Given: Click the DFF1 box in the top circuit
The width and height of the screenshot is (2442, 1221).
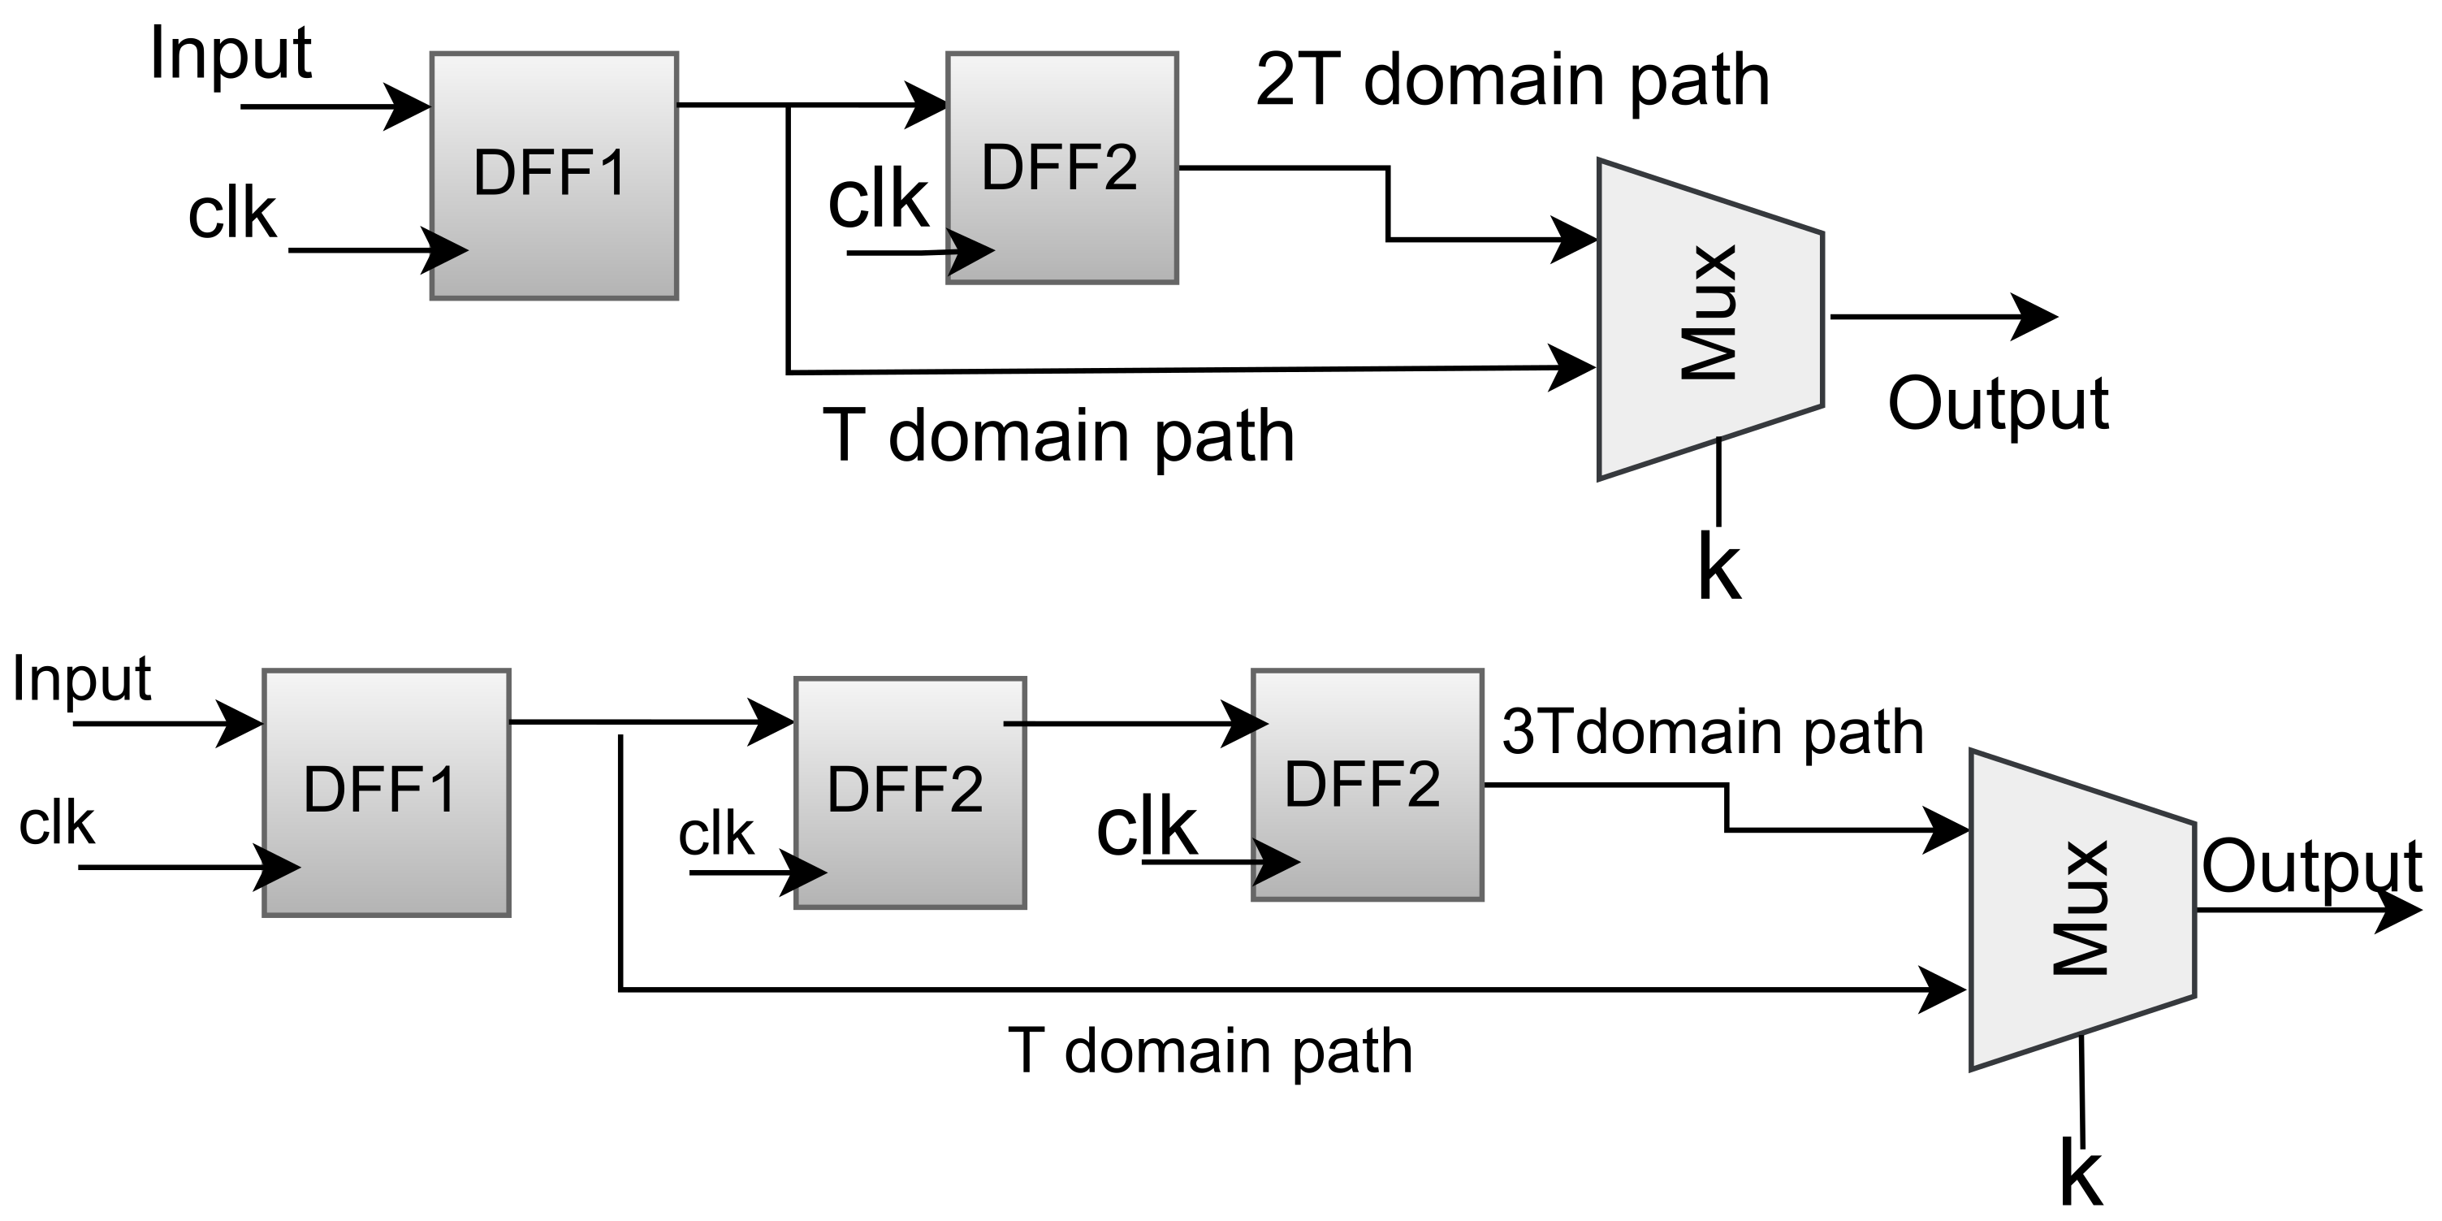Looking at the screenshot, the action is pyautogui.click(x=554, y=176).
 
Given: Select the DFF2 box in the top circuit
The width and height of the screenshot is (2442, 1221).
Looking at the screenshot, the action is pyautogui.click(x=1061, y=168).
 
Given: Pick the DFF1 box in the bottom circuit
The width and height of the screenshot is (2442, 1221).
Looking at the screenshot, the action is pyautogui.click(x=386, y=793).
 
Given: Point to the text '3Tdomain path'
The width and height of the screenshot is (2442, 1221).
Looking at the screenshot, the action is pyautogui.click(x=1712, y=733).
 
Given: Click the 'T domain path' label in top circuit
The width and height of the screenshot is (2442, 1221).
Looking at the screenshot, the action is pyautogui.click(x=1058, y=436).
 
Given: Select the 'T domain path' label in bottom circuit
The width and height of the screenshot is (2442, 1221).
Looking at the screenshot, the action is pyautogui.click(x=1209, y=1051).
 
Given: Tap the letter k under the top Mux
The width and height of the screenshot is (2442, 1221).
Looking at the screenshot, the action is pyautogui.click(x=1718, y=568).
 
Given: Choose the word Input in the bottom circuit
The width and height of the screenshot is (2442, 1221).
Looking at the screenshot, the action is pyautogui.click(x=81, y=679).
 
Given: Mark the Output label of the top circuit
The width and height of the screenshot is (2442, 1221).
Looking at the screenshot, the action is pyautogui.click(x=1998, y=404).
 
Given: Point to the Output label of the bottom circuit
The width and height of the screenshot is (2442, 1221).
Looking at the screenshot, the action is pyautogui.click(x=2311, y=865).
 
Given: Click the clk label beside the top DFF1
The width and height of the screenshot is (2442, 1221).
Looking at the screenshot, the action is pyautogui.click(x=231, y=214).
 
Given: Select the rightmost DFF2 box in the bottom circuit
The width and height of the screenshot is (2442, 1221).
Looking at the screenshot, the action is pyautogui.click(x=1366, y=785).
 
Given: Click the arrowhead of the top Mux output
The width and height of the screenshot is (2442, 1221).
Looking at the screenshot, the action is pyautogui.click(x=2038, y=317).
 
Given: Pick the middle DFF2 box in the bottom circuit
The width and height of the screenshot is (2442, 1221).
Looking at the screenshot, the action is pyautogui.click(x=909, y=793).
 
